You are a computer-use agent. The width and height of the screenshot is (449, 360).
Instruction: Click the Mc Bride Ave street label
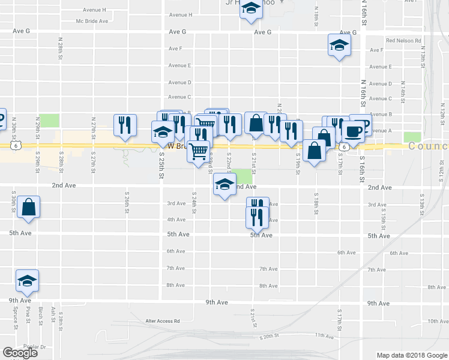tap(92, 21)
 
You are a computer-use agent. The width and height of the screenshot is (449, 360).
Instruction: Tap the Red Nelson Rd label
tap(404, 41)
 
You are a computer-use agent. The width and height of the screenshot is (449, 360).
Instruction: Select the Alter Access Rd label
tap(163, 321)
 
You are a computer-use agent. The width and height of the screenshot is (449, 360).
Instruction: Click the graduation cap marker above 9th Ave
tap(27, 281)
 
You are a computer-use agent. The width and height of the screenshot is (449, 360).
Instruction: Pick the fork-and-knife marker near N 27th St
tap(125, 125)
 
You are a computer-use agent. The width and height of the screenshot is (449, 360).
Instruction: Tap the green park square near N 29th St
tap(50, 119)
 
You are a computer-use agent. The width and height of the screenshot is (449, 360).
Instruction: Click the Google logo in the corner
tap(20, 353)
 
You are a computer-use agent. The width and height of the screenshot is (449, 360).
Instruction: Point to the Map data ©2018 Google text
tap(411, 355)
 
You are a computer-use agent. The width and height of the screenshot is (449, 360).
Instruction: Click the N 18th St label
tap(316, 11)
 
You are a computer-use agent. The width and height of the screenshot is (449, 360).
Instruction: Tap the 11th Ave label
tap(324, 336)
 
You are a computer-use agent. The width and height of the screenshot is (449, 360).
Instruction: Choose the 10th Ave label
tap(438, 321)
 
